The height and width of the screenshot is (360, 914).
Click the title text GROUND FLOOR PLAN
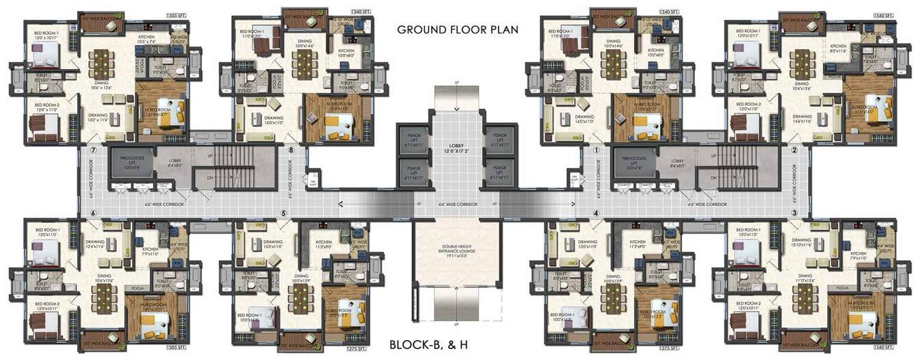[x=457, y=29]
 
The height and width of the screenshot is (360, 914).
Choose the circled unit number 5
[x=283, y=213]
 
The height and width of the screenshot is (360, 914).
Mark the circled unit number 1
[x=596, y=150]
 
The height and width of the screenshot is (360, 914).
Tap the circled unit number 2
[x=794, y=150]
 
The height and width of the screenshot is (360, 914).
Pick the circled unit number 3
[x=794, y=213]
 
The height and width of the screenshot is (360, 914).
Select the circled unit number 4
[x=596, y=213]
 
